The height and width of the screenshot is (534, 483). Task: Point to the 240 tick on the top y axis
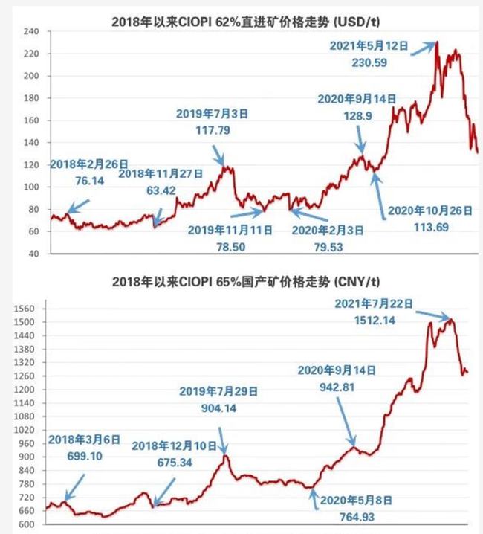coord(30,31)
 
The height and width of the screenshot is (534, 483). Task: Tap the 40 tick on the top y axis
coord(32,253)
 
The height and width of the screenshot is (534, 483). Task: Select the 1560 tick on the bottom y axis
coord(27,308)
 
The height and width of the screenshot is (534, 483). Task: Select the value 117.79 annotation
coord(206,130)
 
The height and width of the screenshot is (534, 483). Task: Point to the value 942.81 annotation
coord(337,385)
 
